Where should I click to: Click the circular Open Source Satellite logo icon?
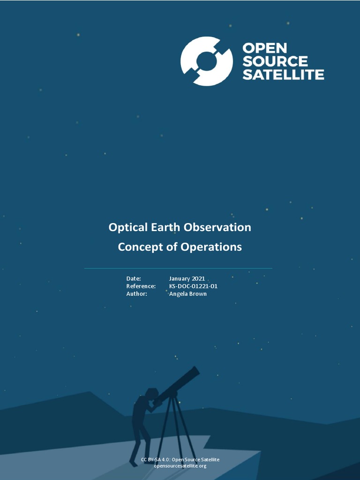(x=206, y=61)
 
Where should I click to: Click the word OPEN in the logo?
(x=264, y=48)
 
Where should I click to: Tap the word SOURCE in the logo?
(x=275, y=61)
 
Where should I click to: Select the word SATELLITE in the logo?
(x=283, y=75)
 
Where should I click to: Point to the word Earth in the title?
(x=165, y=227)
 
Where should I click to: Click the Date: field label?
(x=134, y=278)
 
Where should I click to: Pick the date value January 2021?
(x=187, y=278)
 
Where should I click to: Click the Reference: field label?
(x=141, y=286)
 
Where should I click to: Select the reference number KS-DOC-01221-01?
(x=193, y=286)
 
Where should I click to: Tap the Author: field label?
(x=136, y=294)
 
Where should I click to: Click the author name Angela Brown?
(x=187, y=294)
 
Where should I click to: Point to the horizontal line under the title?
(x=178, y=269)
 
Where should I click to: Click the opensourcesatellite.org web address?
(x=180, y=466)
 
